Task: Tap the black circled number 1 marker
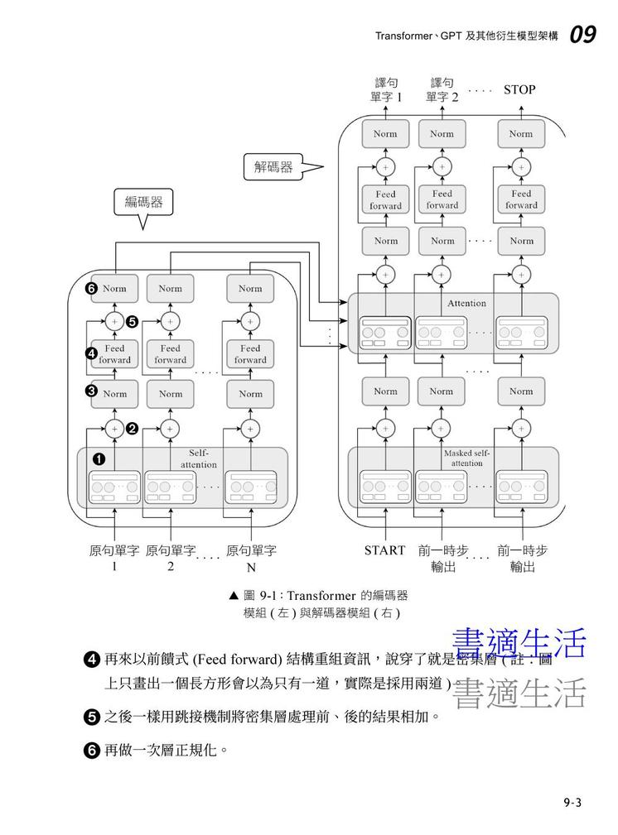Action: click(98, 459)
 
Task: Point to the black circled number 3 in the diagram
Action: click(92, 391)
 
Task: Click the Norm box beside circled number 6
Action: click(115, 289)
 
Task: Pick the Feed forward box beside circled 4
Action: click(115, 354)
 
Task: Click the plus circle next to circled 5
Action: click(114, 320)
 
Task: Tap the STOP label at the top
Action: click(519, 89)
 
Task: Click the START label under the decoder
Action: click(385, 550)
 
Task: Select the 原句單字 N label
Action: click(251, 559)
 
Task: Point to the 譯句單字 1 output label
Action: click(386, 89)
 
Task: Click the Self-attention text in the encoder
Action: click(199, 459)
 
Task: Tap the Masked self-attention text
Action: click(467, 458)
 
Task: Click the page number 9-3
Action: click(572, 802)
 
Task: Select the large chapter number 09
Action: click(582, 35)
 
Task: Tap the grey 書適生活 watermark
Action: click(519, 693)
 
